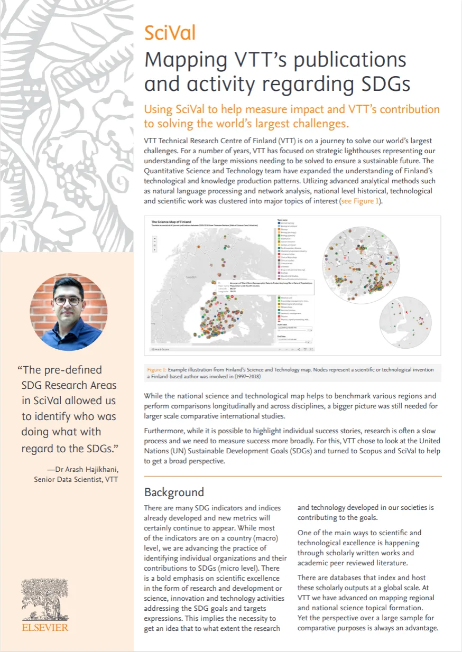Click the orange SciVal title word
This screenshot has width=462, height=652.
[x=170, y=33]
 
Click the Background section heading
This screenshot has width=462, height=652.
[x=174, y=492]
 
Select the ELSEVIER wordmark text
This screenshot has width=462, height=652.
[x=45, y=628]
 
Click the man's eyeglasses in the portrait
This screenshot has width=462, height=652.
[x=68, y=301]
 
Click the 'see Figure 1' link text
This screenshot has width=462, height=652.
[x=359, y=201]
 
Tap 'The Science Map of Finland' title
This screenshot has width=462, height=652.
[x=171, y=221]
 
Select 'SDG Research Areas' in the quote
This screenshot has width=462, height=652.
[x=69, y=385]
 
